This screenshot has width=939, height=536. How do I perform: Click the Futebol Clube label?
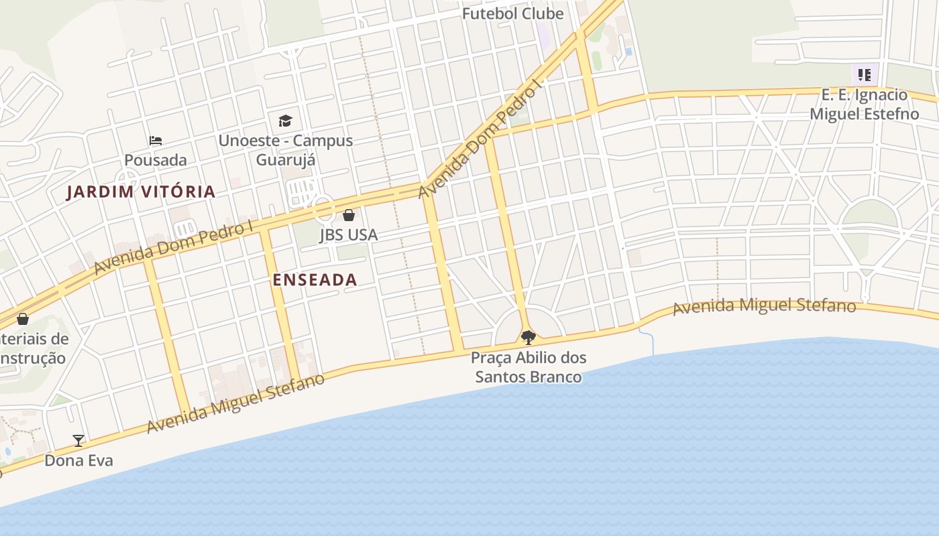(512, 13)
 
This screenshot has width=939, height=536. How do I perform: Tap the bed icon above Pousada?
(156, 141)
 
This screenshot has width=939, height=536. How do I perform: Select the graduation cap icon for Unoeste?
(286, 121)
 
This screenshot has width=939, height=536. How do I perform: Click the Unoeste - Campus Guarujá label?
(286, 150)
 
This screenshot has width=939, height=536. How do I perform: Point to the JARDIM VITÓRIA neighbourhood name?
(141, 192)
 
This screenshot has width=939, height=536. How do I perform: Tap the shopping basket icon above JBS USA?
(349, 215)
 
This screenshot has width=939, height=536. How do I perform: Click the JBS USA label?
(349, 234)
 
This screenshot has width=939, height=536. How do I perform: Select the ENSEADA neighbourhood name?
(315, 279)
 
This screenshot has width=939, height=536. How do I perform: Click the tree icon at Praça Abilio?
(529, 336)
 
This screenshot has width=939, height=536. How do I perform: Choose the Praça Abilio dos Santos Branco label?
(529, 367)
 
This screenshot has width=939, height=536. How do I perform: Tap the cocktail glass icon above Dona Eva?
(78, 440)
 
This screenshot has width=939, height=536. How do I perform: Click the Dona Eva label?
(78, 460)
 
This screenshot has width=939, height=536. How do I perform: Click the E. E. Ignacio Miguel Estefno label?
(865, 104)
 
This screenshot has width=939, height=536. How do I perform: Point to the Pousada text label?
(156, 160)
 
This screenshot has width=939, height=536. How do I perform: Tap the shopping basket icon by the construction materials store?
(23, 318)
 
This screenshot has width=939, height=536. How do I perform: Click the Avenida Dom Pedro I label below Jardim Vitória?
(173, 245)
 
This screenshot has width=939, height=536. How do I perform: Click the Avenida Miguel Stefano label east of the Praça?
(764, 307)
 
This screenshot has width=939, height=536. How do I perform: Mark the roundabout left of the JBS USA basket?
(324, 210)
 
